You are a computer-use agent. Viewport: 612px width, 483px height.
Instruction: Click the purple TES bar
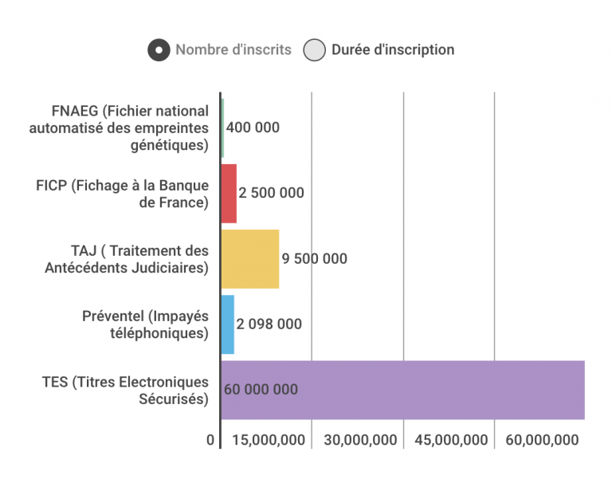click(402, 390)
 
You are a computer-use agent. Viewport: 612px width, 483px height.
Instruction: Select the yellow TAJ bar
click(250, 259)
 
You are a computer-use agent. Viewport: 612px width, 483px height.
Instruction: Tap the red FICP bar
click(229, 194)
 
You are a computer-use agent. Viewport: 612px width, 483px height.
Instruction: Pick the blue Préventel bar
click(227, 324)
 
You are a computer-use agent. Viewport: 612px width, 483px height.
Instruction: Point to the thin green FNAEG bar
click(222, 128)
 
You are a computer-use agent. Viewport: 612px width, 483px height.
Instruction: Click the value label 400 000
click(253, 128)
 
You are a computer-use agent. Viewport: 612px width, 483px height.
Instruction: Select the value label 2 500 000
click(271, 194)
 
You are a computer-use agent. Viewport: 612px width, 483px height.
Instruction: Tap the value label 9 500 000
click(314, 259)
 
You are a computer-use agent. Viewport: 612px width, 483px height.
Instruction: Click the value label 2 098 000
click(269, 324)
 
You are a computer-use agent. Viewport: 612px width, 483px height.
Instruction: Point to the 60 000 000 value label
click(261, 390)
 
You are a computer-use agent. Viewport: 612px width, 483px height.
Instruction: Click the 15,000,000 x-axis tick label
click(268, 441)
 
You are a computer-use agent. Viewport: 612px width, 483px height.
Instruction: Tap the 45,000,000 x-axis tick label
click(450, 441)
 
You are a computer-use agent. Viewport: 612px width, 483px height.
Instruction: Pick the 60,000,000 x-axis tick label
click(541, 441)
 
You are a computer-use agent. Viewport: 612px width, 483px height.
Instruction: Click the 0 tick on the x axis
click(210, 441)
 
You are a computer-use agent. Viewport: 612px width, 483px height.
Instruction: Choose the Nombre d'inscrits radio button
click(159, 50)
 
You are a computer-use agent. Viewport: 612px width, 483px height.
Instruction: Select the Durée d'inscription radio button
click(316, 50)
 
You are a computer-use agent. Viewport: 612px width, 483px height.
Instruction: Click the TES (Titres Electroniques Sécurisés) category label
click(126, 391)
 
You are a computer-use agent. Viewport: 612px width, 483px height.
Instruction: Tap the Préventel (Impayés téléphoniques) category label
click(145, 324)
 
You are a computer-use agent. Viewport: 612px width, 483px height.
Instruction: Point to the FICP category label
click(123, 194)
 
